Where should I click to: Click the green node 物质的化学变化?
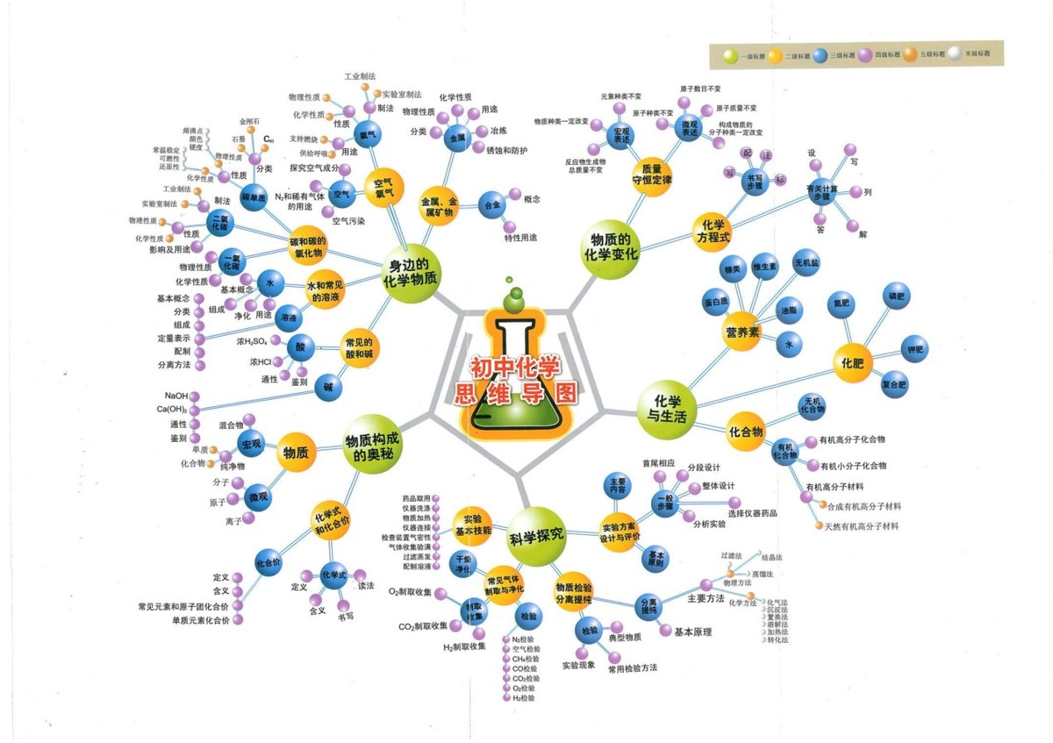612,248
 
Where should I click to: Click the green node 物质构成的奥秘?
373,447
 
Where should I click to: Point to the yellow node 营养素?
742,332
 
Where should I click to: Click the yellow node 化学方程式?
713,230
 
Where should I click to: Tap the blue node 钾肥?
915,350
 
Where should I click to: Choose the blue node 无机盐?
806,263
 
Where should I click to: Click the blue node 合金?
492,206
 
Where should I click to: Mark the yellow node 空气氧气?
383,186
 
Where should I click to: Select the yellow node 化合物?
746,432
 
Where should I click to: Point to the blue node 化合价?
269,562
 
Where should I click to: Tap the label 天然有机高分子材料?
862,526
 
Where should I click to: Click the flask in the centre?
516,373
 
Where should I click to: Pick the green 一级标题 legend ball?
731,54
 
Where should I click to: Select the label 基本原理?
692,632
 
